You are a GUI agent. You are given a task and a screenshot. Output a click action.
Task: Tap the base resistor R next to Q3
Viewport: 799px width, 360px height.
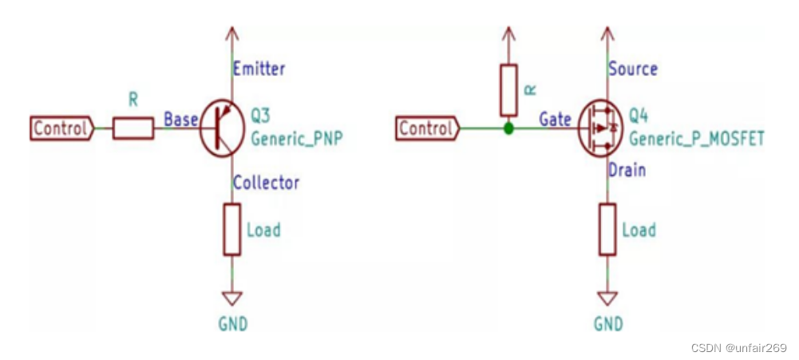pyautogui.click(x=133, y=129)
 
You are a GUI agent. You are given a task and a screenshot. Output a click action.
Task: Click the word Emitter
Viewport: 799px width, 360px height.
pyautogui.click(x=259, y=69)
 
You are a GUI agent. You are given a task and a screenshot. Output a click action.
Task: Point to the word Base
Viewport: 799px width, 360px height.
pyautogui.click(x=180, y=120)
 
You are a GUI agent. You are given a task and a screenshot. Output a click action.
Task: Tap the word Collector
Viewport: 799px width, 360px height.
pyautogui.click(x=266, y=182)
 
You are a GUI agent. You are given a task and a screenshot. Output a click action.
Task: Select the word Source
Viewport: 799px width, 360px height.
pyautogui.click(x=633, y=69)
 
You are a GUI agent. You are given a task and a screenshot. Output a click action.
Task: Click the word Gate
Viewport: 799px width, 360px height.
pyautogui.click(x=555, y=120)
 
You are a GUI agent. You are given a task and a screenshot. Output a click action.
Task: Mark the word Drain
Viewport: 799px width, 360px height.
pyautogui.click(x=627, y=170)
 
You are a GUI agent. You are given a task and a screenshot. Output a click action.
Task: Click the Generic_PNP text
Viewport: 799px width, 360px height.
pyautogui.click(x=298, y=138)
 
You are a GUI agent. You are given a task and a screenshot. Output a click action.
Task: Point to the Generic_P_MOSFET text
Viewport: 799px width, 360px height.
pyautogui.click(x=696, y=138)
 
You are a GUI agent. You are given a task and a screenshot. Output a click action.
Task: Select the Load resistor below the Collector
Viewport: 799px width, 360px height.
pyautogui.click(x=232, y=230)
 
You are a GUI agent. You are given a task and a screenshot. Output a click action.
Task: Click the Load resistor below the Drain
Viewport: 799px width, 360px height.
pyautogui.click(x=607, y=230)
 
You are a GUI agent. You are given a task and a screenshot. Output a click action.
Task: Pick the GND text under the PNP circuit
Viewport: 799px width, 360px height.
pyautogui.click(x=232, y=324)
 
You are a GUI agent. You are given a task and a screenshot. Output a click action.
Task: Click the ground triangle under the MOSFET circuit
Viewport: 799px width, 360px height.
pyautogui.click(x=607, y=298)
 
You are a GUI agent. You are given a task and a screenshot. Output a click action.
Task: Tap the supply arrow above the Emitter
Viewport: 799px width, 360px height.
pyautogui.click(x=232, y=34)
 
